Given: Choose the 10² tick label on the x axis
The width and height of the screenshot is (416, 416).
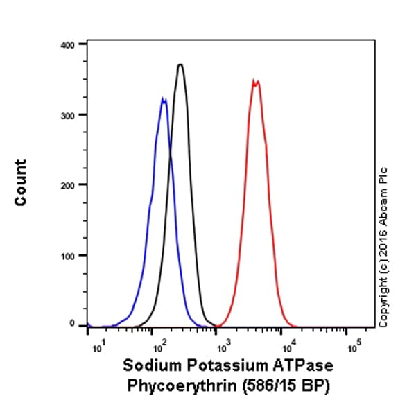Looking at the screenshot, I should [159, 342].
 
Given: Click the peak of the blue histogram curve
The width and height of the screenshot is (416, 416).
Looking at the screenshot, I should [163, 99].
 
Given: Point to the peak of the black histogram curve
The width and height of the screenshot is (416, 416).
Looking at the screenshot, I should [180, 64].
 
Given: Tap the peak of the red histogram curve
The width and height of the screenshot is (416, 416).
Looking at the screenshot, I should [256, 80].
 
